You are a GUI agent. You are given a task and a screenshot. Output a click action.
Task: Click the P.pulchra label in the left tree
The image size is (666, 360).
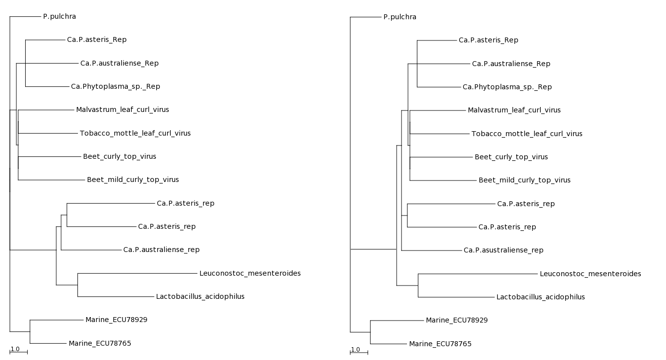click(x=60, y=17)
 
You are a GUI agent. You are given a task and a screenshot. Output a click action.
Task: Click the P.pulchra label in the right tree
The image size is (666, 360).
click(x=400, y=17)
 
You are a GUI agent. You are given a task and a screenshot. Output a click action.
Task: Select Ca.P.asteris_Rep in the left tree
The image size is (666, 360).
click(x=97, y=40)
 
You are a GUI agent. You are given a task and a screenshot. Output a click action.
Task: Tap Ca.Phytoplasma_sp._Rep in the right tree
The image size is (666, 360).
click(x=507, y=87)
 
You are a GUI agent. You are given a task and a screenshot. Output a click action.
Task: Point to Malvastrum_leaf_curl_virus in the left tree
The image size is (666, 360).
click(x=122, y=110)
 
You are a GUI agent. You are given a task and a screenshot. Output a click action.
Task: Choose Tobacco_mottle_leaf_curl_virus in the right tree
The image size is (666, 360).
click(x=527, y=134)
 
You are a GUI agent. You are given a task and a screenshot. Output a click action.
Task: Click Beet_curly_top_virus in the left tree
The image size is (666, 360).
click(x=119, y=157)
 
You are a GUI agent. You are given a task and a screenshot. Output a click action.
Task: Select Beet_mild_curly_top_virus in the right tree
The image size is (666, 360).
click(x=524, y=180)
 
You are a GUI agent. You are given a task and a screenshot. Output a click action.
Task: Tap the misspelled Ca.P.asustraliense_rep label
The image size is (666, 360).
click(x=503, y=251)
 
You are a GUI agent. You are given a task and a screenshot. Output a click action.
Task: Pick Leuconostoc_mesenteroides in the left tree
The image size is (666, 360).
click(x=250, y=274)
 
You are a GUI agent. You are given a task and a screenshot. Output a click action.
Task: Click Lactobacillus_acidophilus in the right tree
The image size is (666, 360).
click(x=541, y=297)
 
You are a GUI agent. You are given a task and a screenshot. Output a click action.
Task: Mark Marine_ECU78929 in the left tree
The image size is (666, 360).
click(x=116, y=320)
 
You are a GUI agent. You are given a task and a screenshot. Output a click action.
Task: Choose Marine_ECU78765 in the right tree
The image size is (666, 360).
click(x=441, y=344)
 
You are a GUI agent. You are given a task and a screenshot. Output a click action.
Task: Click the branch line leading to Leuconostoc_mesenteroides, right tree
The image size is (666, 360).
click(x=478, y=274)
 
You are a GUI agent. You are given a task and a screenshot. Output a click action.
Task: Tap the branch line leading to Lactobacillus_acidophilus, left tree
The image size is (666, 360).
click(x=116, y=297)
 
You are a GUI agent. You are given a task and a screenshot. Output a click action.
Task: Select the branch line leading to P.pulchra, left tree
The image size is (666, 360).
click(x=25, y=17)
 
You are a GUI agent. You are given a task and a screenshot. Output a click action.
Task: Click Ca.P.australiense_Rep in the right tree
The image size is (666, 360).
click(x=511, y=64)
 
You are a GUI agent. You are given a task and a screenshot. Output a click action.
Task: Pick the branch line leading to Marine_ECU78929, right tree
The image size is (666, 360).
click(x=397, y=321)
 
